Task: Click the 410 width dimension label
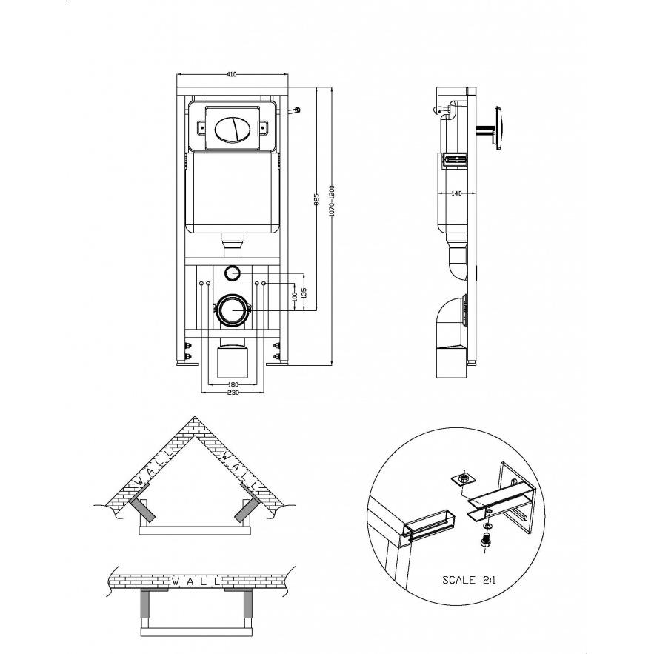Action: coord(232,74)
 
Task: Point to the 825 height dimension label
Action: coord(316,199)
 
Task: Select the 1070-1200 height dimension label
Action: coord(332,201)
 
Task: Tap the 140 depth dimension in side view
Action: coord(457,193)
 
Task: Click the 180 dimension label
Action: coord(233,384)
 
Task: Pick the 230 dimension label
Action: coord(233,393)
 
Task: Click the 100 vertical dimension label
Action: coord(295,296)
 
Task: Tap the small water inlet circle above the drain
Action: coord(232,273)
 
